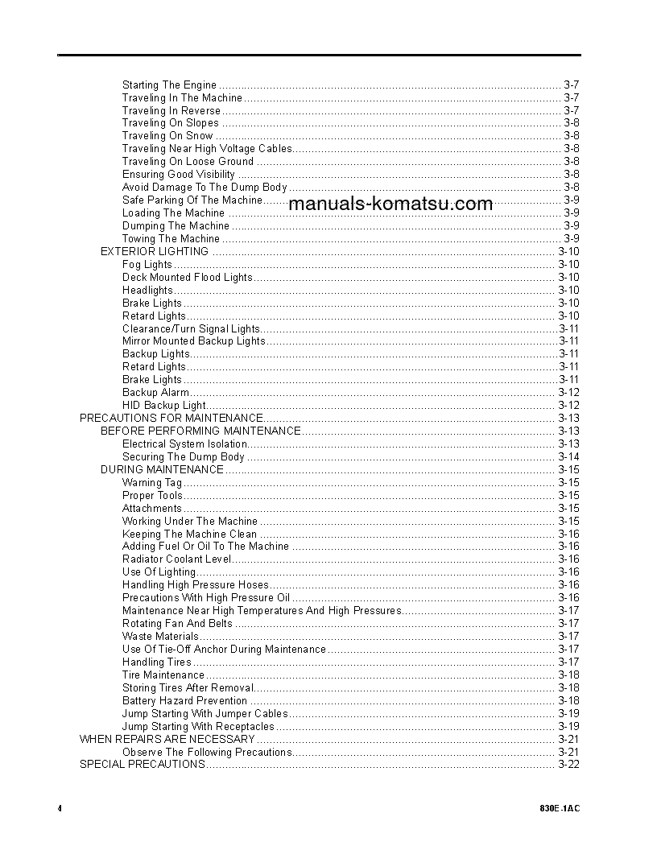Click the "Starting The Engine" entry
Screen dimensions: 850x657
169,85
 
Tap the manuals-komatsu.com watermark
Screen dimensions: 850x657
390,204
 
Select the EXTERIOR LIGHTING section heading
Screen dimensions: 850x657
154,251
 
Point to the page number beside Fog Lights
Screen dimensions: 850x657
568,264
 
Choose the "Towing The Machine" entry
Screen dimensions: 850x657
171,238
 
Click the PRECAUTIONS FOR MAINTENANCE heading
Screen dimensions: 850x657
171,418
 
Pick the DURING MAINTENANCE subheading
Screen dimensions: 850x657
162,469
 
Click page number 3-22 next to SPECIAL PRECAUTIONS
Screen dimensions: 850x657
568,764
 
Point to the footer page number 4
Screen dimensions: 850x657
60,807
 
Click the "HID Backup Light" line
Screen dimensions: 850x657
164,406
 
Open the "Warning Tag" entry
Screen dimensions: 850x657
152,483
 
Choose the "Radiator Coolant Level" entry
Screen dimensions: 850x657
176,559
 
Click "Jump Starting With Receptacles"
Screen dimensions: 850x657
198,726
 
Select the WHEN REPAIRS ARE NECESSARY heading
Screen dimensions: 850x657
167,739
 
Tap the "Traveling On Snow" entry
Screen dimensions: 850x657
167,136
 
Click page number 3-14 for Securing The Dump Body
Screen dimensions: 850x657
568,456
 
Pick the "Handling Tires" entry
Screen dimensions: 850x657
157,662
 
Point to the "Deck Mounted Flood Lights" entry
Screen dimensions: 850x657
187,277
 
